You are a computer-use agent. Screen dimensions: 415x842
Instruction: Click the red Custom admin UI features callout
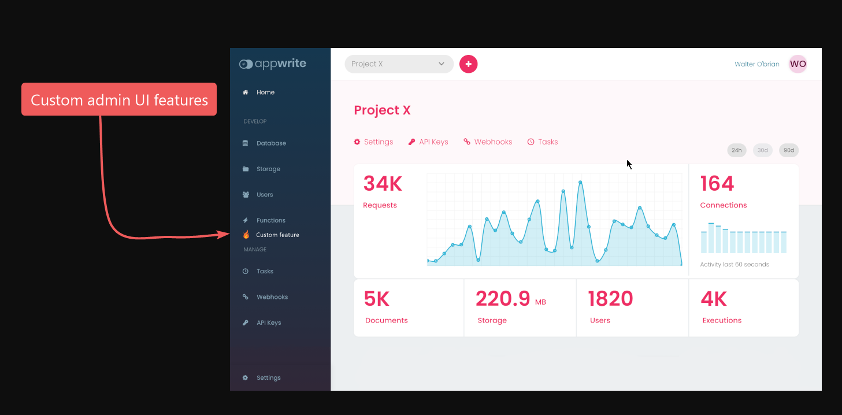119,99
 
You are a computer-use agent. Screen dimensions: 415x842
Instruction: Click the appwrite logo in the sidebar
273,64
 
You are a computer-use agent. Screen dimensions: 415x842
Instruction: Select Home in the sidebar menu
265,92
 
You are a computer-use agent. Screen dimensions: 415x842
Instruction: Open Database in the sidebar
271,143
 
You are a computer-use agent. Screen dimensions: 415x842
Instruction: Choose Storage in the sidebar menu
268,169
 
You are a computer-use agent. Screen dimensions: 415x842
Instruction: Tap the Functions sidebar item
270,220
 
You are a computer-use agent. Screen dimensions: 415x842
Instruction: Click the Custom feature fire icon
246,235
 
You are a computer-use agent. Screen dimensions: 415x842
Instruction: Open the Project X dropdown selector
399,64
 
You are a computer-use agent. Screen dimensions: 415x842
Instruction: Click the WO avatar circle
798,64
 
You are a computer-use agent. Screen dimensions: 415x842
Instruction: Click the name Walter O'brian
756,64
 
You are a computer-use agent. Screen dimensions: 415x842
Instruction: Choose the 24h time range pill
736,150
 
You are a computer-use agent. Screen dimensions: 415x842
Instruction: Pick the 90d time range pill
788,150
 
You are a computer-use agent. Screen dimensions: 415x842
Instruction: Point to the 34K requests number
383,184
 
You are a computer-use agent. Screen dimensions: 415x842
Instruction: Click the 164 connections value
717,184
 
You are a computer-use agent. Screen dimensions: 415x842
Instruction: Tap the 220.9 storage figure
503,299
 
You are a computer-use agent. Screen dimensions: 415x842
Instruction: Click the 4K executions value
714,299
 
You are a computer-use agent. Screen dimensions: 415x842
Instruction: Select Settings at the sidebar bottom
268,378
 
